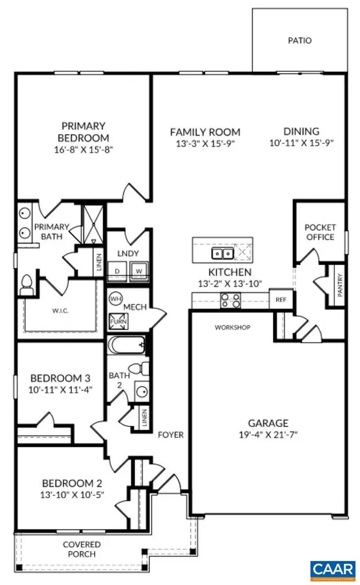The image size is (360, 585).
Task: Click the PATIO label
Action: pyautogui.click(x=299, y=41)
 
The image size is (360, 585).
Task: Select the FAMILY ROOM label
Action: pyautogui.click(x=205, y=132)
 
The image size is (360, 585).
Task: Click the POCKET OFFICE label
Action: pyautogui.click(x=320, y=232)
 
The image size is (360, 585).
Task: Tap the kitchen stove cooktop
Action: pyautogui.click(x=230, y=300)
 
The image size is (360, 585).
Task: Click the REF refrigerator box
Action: pyautogui.click(x=281, y=299)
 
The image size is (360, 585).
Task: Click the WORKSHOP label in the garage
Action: pyautogui.click(x=233, y=328)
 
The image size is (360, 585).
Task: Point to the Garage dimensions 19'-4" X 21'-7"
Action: pyautogui.click(x=268, y=435)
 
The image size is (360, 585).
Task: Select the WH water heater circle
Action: pyautogui.click(x=115, y=298)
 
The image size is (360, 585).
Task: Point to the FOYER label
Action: pyautogui.click(x=171, y=435)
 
